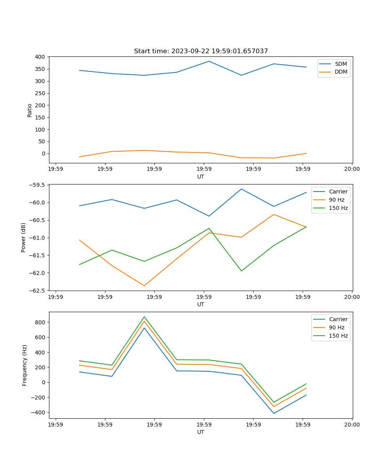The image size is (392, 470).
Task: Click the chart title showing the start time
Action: point(201,51)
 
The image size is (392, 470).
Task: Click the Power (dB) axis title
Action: point(24,237)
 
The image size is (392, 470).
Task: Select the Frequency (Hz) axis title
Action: point(25,365)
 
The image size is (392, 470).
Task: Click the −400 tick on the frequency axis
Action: point(39,412)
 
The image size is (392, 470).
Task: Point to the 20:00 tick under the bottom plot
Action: point(352,425)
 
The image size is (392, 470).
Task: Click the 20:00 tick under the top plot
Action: point(352,169)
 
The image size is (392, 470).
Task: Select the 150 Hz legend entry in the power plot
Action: point(338,208)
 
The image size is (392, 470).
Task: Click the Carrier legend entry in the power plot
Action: point(338,192)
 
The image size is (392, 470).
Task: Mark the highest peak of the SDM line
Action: point(209,61)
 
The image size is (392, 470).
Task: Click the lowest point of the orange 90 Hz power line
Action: point(144,286)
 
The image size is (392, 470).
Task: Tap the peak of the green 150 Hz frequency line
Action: point(144,317)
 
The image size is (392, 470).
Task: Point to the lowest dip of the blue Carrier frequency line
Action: point(274,413)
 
